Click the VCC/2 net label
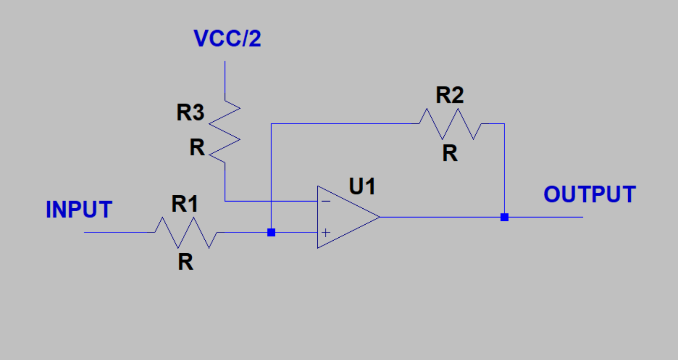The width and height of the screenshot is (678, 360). [227, 39]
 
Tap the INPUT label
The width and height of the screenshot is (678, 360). [79, 209]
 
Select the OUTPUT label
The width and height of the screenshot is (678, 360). [590, 194]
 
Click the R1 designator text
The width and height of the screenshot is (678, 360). [184, 204]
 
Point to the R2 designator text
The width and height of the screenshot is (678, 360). [450, 95]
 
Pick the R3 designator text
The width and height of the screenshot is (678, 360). [190, 112]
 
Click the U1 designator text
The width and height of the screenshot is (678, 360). [362, 186]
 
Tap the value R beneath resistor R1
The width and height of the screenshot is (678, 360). [185, 261]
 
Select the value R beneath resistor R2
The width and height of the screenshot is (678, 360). [450, 153]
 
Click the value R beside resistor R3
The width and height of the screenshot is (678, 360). [197, 147]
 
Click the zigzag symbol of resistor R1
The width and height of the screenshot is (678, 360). [186, 232]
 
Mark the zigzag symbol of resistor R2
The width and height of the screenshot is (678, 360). [450, 124]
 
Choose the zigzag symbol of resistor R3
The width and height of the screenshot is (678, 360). [225, 132]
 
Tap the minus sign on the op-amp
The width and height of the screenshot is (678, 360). [326, 202]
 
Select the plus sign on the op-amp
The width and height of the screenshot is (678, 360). [325, 232]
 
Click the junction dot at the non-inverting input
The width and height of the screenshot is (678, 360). [271, 232]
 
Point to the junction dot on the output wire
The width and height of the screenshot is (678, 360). [504, 217]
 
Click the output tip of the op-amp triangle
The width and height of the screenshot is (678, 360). [380, 217]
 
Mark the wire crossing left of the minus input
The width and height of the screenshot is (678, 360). [271, 201]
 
